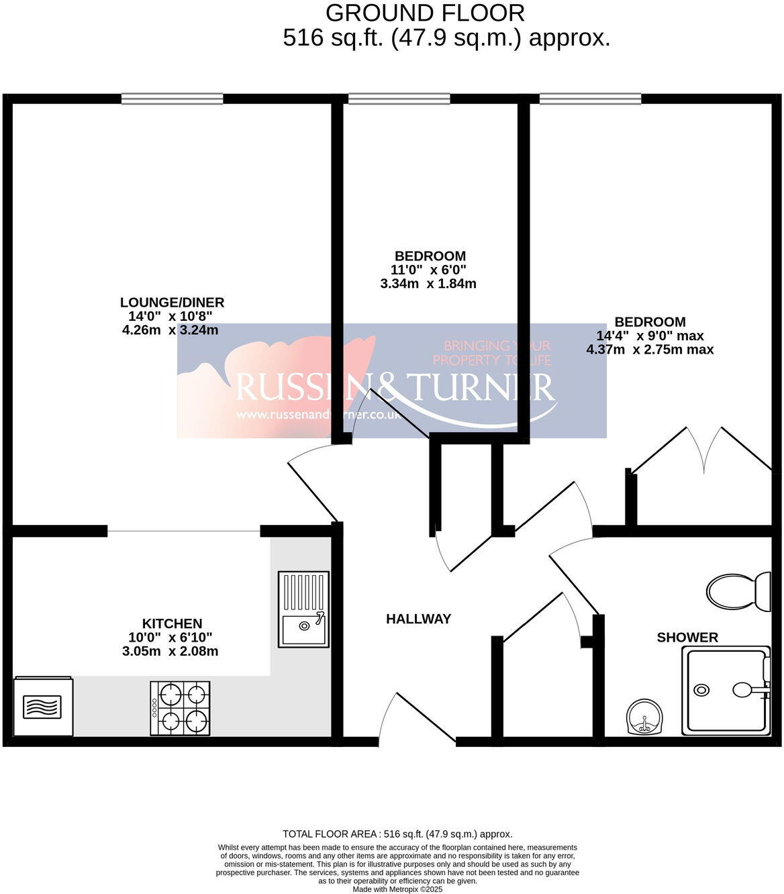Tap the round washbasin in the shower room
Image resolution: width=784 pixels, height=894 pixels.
[x=644, y=717]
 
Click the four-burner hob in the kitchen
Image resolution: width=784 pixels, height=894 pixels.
[x=180, y=708]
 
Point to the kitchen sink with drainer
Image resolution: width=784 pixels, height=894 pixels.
[x=303, y=609]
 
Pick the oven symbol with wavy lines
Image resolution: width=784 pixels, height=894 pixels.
[x=43, y=707]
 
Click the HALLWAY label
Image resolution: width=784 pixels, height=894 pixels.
[x=418, y=619]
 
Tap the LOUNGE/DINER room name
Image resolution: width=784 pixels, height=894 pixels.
[x=172, y=303]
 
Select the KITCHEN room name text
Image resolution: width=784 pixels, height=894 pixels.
[x=172, y=624]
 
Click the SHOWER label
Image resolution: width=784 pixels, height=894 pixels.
[x=687, y=637]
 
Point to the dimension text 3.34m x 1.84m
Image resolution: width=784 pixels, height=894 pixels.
[x=428, y=283]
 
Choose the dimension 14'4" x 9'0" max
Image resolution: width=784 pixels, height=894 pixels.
[x=650, y=336]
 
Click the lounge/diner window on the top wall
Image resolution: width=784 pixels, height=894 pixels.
[x=172, y=99]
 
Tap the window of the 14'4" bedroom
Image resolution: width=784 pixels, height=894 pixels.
[x=590, y=99]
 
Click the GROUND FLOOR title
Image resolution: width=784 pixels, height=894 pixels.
[x=425, y=13]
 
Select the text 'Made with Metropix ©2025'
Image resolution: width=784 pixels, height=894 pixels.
[x=398, y=889]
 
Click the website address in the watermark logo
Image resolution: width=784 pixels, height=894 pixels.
[x=319, y=415]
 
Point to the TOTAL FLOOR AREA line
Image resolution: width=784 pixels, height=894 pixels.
[x=397, y=834]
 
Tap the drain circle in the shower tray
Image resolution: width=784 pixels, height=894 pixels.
[x=702, y=689]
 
